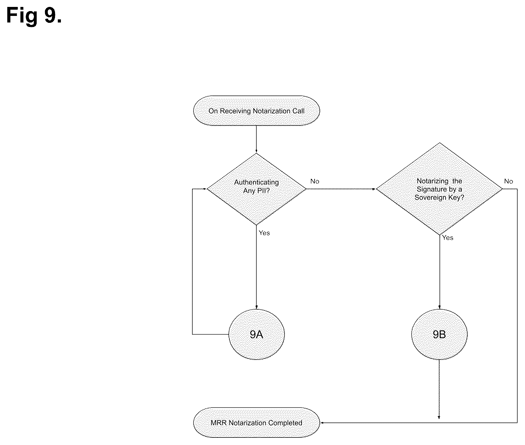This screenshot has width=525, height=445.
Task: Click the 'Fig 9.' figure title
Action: tap(34, 16)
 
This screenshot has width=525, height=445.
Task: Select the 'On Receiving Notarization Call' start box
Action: tap(256, 111)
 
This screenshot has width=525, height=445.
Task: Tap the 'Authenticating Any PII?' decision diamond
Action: tap(256, 189)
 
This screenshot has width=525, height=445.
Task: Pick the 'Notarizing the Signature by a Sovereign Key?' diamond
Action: tap(440, 189)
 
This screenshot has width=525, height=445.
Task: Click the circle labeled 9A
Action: tap(256, 334)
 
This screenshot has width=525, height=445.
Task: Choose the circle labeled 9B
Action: tap(440, 334)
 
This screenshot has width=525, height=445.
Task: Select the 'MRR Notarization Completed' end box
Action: tap(256, 423)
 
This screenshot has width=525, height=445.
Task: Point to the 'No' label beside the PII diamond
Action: tap(315, 181)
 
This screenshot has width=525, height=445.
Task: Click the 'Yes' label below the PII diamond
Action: tap(264, 233)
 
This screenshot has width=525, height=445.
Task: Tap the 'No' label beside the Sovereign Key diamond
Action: tap(508, 181)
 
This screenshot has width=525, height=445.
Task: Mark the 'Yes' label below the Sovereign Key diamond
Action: tap(448, 238)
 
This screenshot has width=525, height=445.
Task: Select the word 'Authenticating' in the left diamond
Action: tap(256, 182)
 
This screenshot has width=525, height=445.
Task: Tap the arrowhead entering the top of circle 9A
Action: tap(256, 307)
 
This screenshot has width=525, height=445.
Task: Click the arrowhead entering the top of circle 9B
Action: tap(440, 307)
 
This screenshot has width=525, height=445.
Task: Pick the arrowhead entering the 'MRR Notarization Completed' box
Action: tap(322, 423)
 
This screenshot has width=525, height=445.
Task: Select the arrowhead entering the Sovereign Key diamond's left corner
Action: tap(374, 189)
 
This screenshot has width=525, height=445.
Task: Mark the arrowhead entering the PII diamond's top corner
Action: tap(256, 151)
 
